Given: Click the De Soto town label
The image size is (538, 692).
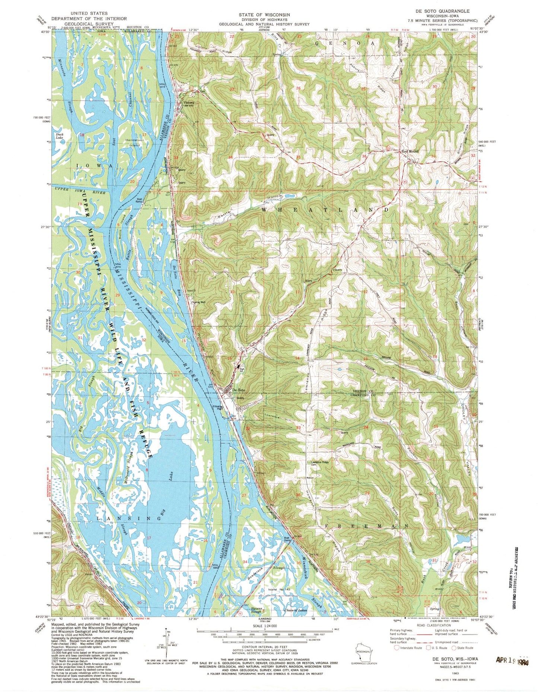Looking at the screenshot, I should (239, 390).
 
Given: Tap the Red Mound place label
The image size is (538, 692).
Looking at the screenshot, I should (411, 151).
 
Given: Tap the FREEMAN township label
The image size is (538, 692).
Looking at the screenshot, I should (367, 526).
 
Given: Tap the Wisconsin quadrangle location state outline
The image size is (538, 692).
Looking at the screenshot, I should (363, 648).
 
